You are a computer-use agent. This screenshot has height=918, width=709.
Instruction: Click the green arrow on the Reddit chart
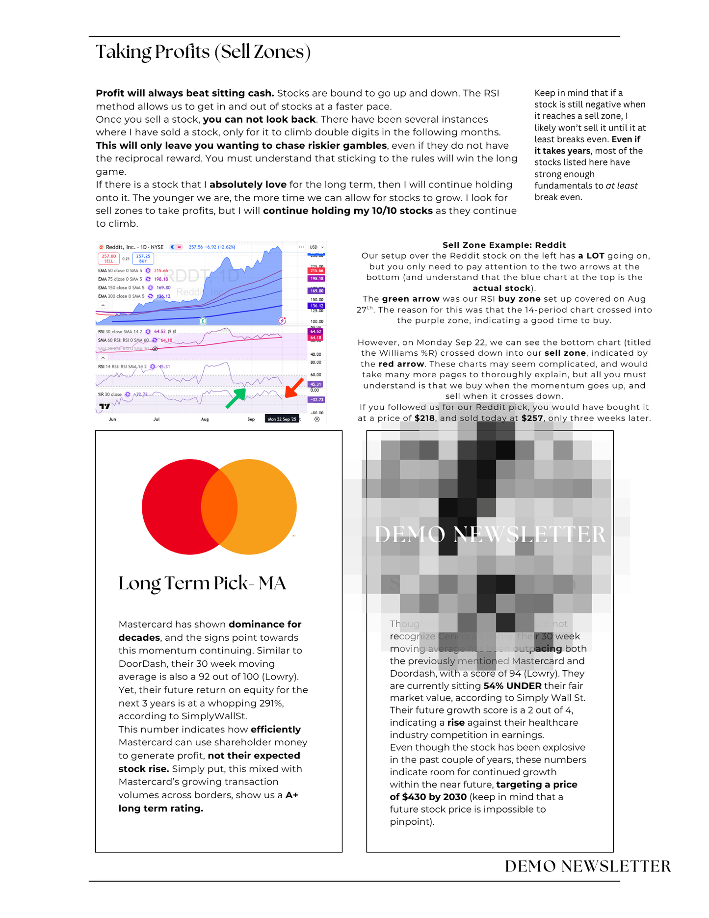236,398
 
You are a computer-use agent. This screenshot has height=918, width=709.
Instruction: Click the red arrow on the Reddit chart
294,387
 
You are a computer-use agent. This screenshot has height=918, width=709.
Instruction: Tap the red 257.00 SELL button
108,259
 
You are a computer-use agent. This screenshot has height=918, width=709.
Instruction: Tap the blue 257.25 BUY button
143,259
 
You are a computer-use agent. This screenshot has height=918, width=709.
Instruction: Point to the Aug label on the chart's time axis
205,420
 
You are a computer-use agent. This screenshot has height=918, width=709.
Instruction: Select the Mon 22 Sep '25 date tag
282,419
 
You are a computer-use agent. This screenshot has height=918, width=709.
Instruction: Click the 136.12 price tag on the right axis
316,306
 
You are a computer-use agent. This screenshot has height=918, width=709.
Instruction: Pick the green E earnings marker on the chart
203,321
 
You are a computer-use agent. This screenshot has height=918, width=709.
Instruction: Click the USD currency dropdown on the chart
316,247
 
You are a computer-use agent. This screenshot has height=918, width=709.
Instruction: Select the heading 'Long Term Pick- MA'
202,583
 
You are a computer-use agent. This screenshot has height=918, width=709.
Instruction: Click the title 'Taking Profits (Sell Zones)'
203,52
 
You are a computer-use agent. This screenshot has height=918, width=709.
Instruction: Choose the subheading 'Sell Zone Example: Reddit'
504,245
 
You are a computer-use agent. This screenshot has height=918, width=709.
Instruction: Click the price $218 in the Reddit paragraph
424,419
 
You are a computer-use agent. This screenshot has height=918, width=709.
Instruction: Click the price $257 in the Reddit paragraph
532,419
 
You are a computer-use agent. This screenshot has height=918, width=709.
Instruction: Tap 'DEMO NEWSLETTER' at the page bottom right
587,866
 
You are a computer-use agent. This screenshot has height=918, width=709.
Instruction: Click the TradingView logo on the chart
105,406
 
